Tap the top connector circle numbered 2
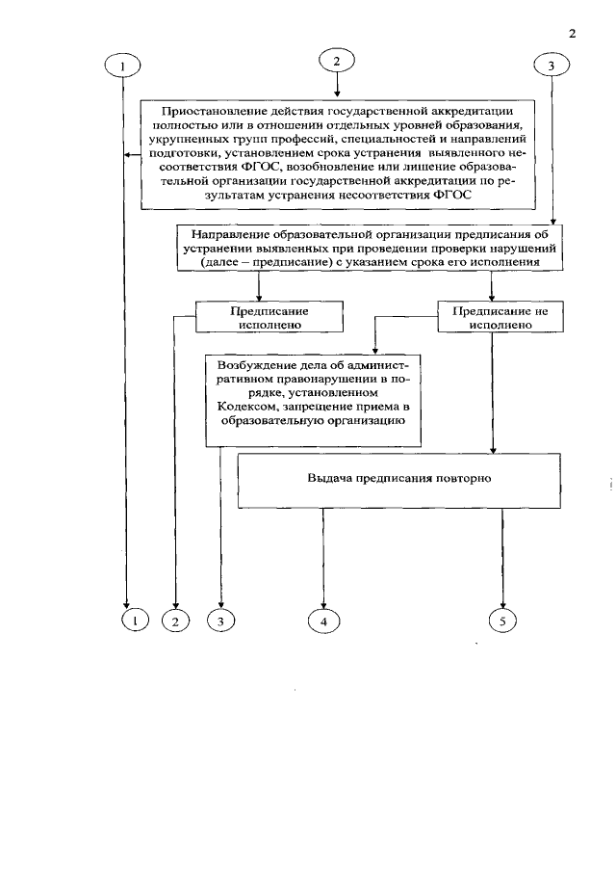[336, 61]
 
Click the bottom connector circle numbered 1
[136, 621]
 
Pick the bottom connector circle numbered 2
[175, 621]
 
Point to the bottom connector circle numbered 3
[220, 621]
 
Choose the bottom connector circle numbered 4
[323, 621]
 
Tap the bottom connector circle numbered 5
[502, 621]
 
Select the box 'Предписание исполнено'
[259, 317]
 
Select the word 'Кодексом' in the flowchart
[244, 407]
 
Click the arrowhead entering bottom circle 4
[323, 604]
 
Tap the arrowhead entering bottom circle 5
[502, 604]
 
